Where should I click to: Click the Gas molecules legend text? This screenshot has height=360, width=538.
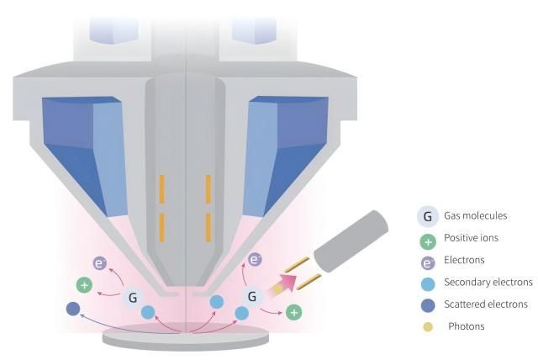coord(477,217)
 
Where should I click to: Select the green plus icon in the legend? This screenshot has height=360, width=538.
coord(428,239)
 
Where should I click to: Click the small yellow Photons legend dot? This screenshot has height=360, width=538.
coord(428,326)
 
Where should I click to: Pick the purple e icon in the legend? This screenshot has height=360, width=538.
coord(428,261)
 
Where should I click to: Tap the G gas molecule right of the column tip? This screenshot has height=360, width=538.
coord(251,296)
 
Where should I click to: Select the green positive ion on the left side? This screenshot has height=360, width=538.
coord(83,285)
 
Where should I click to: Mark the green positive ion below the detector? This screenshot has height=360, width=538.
coord(293,313)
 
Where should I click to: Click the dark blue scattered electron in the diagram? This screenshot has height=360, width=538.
coord(73,310)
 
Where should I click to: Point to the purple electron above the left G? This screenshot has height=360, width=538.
coord(99,263)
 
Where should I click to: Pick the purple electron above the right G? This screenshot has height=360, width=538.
coord(255,261)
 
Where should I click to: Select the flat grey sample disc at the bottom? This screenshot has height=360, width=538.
coord(185,338)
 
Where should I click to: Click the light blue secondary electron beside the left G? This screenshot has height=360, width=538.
coord(148,312)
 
